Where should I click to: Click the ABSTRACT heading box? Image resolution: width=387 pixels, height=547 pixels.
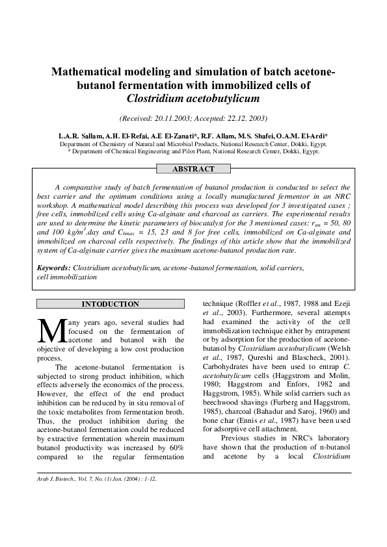point(193,169)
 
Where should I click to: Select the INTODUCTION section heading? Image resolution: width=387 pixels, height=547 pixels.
point(109,304)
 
